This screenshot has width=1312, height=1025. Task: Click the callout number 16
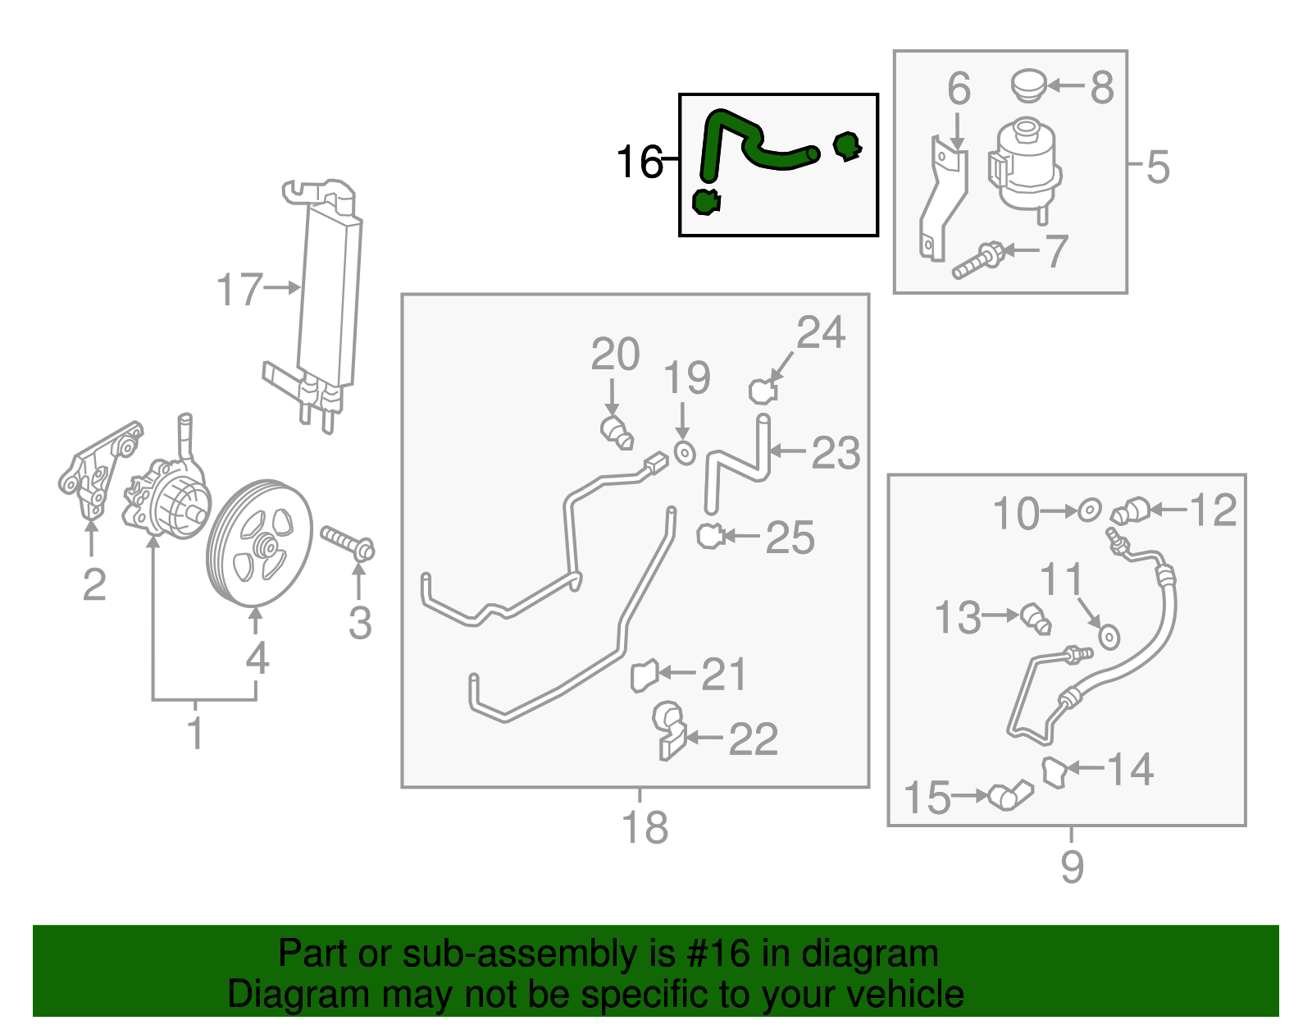(639, 162)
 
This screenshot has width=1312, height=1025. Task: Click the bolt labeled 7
(978, 260)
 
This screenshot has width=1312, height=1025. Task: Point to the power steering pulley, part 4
(259, 543)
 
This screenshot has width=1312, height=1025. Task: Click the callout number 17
(239, 291)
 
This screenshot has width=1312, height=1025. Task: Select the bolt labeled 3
(348, 542)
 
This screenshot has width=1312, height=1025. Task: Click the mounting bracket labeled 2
(97, 472)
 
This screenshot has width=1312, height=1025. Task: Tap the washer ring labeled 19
(684, 452)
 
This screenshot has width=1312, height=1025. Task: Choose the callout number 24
(820, 332)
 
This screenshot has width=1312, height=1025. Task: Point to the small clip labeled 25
(709, 537)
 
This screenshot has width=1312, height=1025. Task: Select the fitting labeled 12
(1130, 511)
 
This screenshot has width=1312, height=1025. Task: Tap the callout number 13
(957, 617)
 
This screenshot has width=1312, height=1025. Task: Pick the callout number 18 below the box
(645, 827)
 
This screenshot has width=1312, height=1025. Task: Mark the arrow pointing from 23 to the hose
(788, 451)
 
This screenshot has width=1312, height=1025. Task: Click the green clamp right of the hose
(846, 147)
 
